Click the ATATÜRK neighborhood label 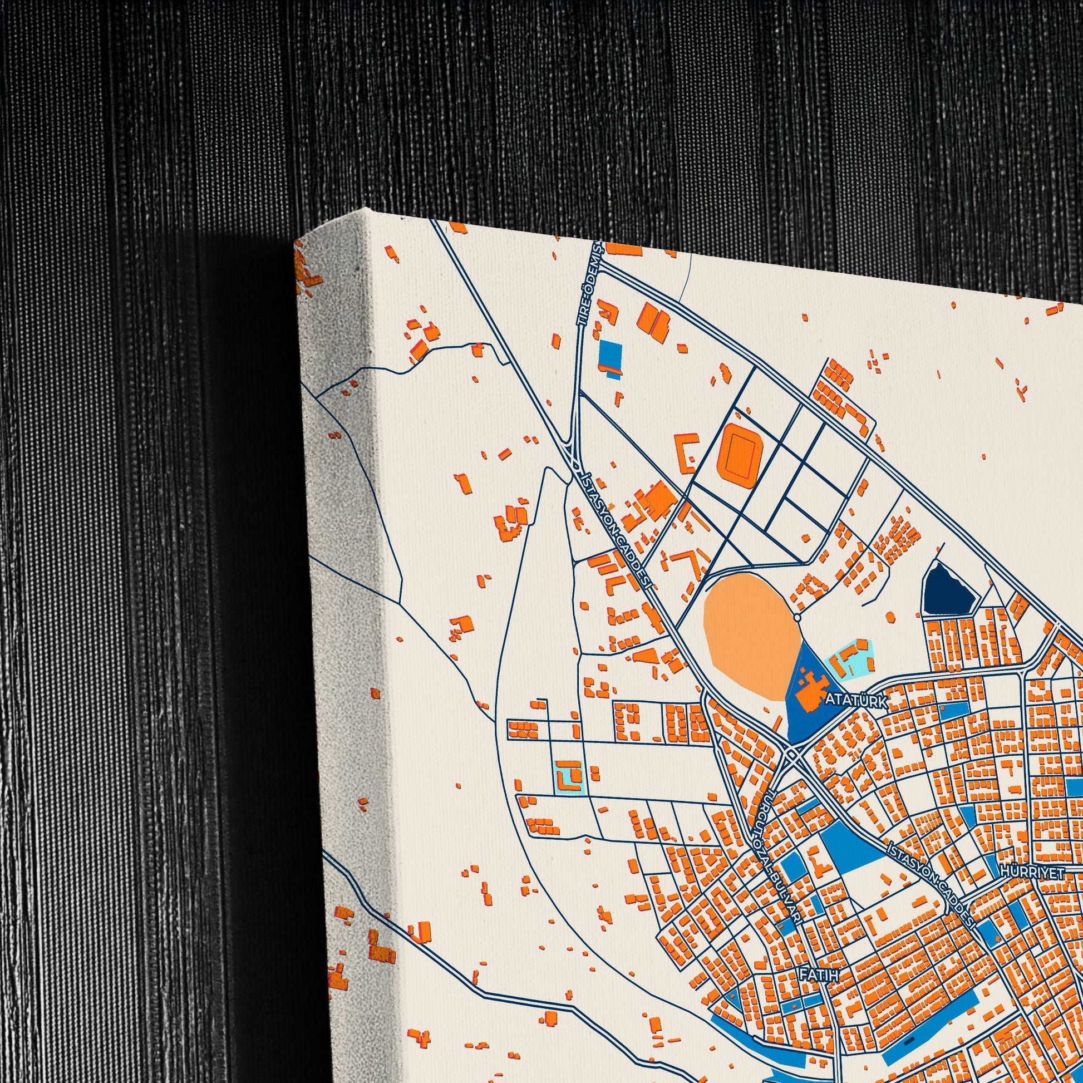(856, 701)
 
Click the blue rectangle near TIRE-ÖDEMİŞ (611, 354)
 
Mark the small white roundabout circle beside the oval (797, 618)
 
